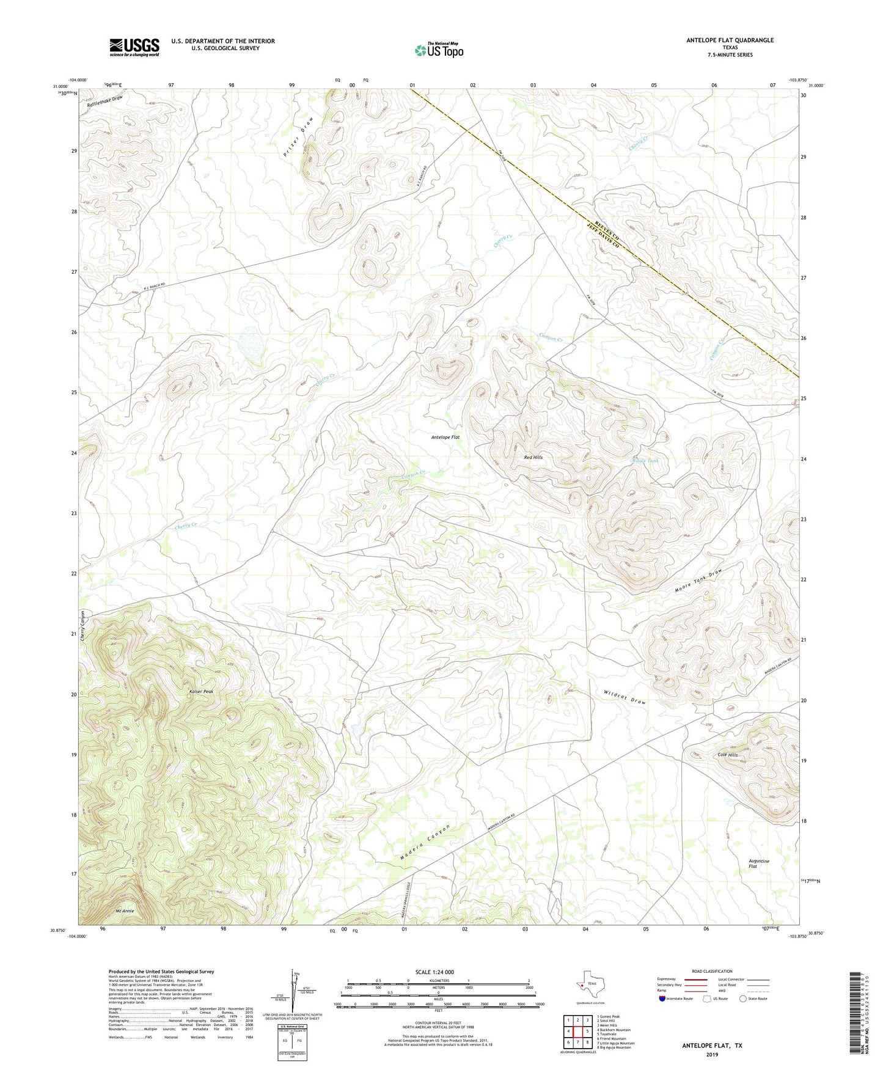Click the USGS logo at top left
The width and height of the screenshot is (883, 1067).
(x=134, y=47)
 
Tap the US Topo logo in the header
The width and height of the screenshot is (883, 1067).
(x=439, y=50)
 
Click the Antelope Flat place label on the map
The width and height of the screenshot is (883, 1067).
(x=445, y=438)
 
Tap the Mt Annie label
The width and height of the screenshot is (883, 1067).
(x=125, y=911)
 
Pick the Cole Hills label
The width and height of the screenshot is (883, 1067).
(x=727, y=755)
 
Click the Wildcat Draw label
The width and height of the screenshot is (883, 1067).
(x=625, y=697)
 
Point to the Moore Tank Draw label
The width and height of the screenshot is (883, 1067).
(x=698, y=581)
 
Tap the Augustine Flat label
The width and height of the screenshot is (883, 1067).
(x=759, y=864)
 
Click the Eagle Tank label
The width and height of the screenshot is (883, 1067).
(x=645, y=461)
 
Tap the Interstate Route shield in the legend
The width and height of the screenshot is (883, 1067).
(x=662, y=999)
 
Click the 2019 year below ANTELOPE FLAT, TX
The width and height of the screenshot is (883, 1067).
(x=712, y=1054)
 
